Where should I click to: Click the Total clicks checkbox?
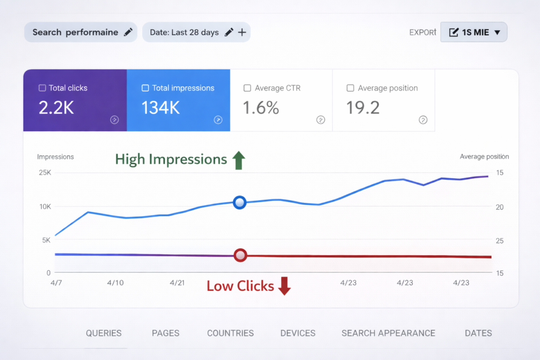[x=42, y=88]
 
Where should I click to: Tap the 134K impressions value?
[x=161, y=108]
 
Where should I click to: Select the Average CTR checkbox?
[x=247, y=88]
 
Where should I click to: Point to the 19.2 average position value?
[x=363, y=108]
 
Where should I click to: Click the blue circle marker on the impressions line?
[x=240, y=202]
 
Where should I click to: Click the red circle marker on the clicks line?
[x=240, y=255]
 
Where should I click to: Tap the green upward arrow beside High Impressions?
[x=239, y=160]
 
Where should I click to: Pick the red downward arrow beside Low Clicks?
[x=285, y=286]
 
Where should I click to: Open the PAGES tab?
[x=166, y=333]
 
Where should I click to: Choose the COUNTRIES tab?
[x=230, y=333]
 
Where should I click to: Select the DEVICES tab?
[x=298, y=333]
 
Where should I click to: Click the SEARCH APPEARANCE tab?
[x=388, y=333]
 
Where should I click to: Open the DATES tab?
[x=478, y=333]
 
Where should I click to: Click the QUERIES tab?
[x=104, y=333]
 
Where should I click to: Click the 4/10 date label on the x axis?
[x=115, y=283]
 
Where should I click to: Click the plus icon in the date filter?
[x=242, y=32]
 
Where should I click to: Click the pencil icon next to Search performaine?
[x=128, y=32]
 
